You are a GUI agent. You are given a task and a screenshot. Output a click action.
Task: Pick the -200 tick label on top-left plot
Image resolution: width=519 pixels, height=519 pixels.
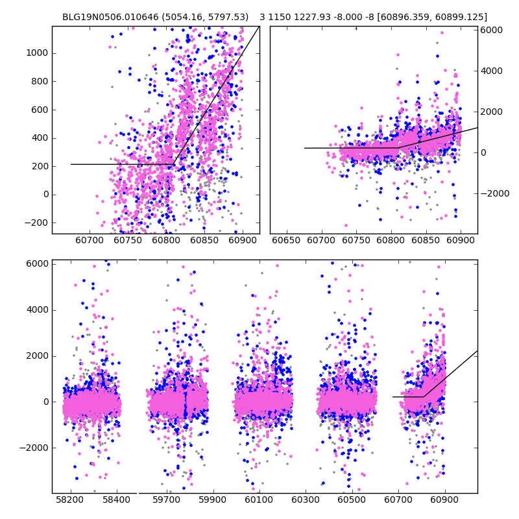36,223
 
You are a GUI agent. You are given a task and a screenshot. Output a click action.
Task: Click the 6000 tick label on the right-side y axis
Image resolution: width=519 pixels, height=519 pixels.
492,30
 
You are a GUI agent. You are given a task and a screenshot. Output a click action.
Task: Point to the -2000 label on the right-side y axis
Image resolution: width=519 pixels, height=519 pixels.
494,193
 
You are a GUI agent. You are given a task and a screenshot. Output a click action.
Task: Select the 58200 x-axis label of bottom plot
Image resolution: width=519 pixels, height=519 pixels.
69,501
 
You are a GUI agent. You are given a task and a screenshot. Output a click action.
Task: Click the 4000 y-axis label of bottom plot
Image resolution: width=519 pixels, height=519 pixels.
36,309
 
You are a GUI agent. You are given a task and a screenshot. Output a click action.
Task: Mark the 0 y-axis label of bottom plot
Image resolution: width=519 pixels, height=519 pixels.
44,402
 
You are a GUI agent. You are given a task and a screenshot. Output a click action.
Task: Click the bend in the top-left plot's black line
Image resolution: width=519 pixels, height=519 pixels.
173,164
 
